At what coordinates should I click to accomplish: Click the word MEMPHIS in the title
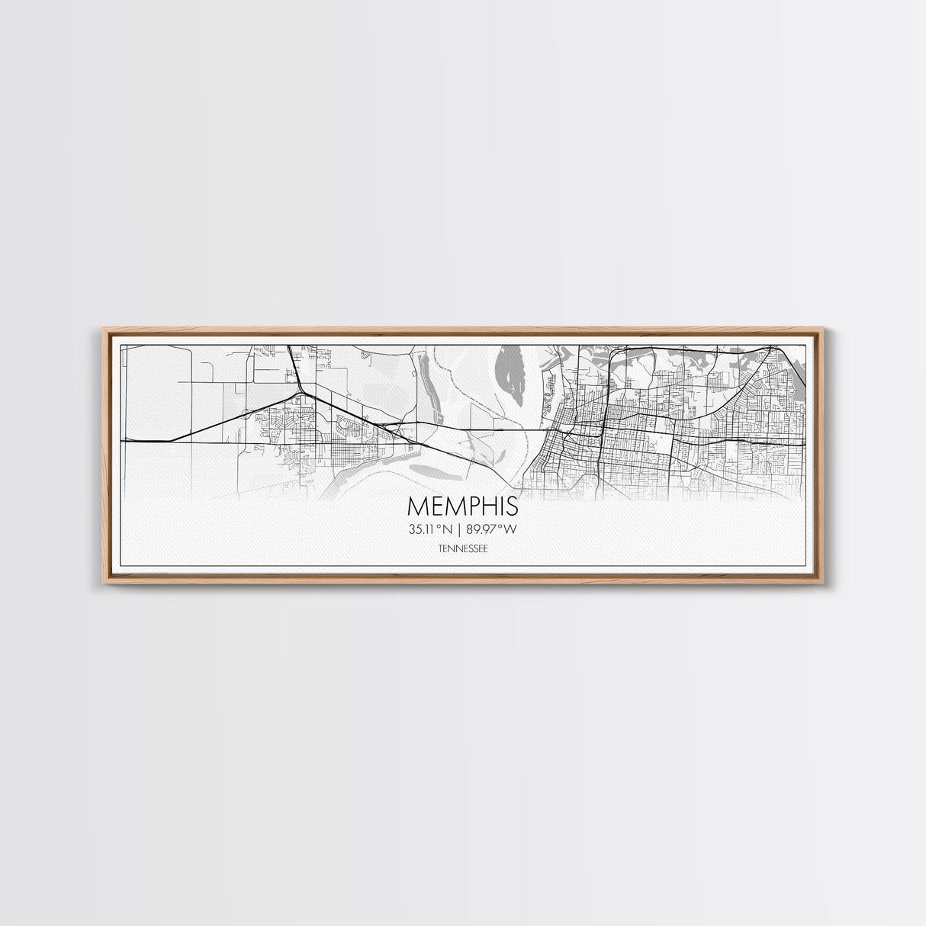463,507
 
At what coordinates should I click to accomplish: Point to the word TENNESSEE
463,548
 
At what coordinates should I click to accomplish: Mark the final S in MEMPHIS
511,507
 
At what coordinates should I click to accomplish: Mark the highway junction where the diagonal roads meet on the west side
302,393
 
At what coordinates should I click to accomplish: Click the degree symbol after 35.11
441,526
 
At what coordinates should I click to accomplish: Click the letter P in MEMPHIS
470,507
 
